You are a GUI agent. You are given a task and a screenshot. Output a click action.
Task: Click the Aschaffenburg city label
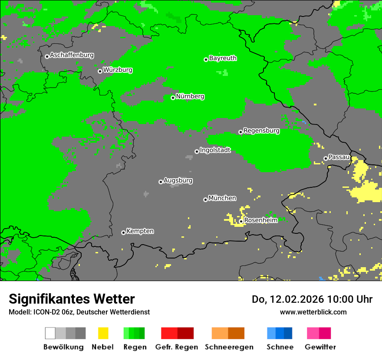tap(72, 55)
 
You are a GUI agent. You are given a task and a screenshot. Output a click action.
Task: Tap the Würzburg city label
tap(118, 70)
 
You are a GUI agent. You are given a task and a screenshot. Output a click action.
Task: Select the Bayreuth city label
tap(223, 58)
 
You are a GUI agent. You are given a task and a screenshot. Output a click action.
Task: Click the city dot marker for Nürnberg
tap(173, 98)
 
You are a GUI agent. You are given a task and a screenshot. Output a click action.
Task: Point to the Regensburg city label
tap(261, 131)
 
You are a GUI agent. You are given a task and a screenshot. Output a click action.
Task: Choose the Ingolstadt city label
tap(215, 150)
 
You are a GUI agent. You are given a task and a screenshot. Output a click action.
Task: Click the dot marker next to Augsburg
tap(161, 182)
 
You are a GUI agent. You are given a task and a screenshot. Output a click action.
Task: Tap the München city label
tap(222, 198)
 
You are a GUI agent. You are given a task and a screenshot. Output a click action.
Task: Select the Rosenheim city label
tap(261, 220)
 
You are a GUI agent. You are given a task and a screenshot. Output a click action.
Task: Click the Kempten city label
tap(140, 231)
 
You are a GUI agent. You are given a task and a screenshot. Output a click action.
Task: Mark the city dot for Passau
tap(326, 158)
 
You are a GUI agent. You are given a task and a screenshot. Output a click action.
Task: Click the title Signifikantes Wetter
tap(72, 299)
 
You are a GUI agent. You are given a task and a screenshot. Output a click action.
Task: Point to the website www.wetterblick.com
tap(313, 312)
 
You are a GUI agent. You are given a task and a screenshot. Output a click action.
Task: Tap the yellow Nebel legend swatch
tap(103, 333)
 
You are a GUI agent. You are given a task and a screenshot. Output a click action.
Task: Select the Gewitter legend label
tap(320, 347)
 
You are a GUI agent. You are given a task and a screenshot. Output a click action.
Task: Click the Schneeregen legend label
tap(229, 347)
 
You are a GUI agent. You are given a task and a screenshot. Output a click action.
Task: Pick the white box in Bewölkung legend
tap(50, 333)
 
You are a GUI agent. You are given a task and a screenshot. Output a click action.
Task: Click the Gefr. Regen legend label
tap(177, 347)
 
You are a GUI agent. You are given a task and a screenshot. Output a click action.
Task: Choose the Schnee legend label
tap(280, 347)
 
